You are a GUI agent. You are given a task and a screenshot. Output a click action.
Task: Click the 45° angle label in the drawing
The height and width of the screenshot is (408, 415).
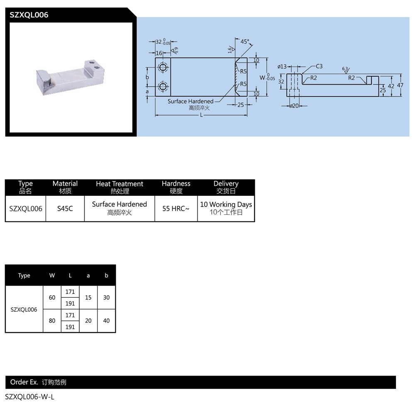pos(245,41)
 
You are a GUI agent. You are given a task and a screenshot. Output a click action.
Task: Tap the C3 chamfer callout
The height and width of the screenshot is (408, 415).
pos(319,66)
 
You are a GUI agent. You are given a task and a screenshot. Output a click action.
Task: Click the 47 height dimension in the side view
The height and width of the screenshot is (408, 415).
pos(400,85)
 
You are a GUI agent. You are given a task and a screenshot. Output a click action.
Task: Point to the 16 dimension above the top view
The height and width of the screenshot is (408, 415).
pos(159,53)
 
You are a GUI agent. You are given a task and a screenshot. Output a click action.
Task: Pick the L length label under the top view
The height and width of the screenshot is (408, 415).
pos(201,115)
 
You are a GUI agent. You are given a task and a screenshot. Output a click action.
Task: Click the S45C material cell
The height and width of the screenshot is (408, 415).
pos(65,209)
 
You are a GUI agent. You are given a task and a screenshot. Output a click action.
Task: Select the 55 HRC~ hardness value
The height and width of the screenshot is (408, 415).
pos(176,209)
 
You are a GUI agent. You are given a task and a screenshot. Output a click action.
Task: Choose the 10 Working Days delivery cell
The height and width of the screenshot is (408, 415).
pos(226,208)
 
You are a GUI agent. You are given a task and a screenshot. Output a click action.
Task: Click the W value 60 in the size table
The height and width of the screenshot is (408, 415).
pos(52,297)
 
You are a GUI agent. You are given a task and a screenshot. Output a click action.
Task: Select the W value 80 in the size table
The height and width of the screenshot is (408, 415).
pos(52,321)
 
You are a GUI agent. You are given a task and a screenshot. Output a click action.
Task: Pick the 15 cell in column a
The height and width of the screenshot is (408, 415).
pos(88,297)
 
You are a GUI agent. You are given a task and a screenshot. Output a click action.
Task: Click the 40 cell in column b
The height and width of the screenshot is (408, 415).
pos(106,321)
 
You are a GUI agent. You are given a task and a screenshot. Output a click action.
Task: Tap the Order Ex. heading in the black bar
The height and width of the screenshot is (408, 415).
pos(24,382)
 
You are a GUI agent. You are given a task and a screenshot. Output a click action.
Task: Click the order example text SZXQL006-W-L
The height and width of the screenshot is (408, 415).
pos(29,397)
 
